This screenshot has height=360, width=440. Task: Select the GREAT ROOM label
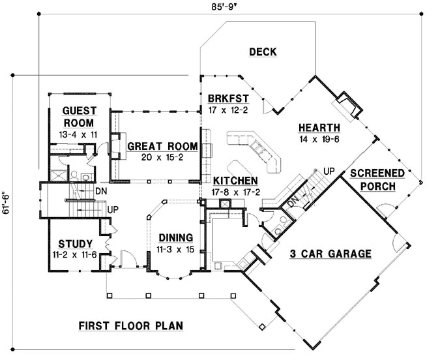(x=158, y=145)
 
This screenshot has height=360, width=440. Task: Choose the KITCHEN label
(x=232, y=181)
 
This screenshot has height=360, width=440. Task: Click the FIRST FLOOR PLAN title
(x=130, y=325)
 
